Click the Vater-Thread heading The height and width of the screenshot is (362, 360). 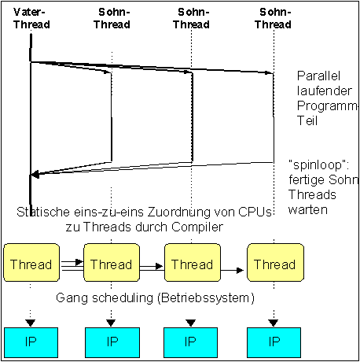(x=31, y=18)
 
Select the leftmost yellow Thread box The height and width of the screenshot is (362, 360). (x=31, y=262)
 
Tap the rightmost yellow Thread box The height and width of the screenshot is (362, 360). (x=276, y=262)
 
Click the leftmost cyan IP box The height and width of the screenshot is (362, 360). (x=31, y=342)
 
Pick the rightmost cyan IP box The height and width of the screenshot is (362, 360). (x=274, y=342)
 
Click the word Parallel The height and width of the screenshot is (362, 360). (x=318, y=76)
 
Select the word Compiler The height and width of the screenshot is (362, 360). (x=197, y=227)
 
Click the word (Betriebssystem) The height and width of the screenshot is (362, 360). (x=206, y=298)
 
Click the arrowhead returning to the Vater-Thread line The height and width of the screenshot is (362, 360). (x=35, y=174)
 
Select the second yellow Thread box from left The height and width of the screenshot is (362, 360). (x=112, y=262)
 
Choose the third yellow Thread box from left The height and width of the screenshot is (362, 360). (x=193, y=262)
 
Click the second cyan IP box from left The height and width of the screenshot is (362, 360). (x=112, y=342)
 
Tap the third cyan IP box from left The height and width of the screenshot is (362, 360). (x=190, y=342)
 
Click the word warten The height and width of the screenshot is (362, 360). (x=308, y=210)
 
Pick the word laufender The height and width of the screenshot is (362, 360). (x=325, y=90)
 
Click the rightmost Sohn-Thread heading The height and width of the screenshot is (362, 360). (x=273, y=18)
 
